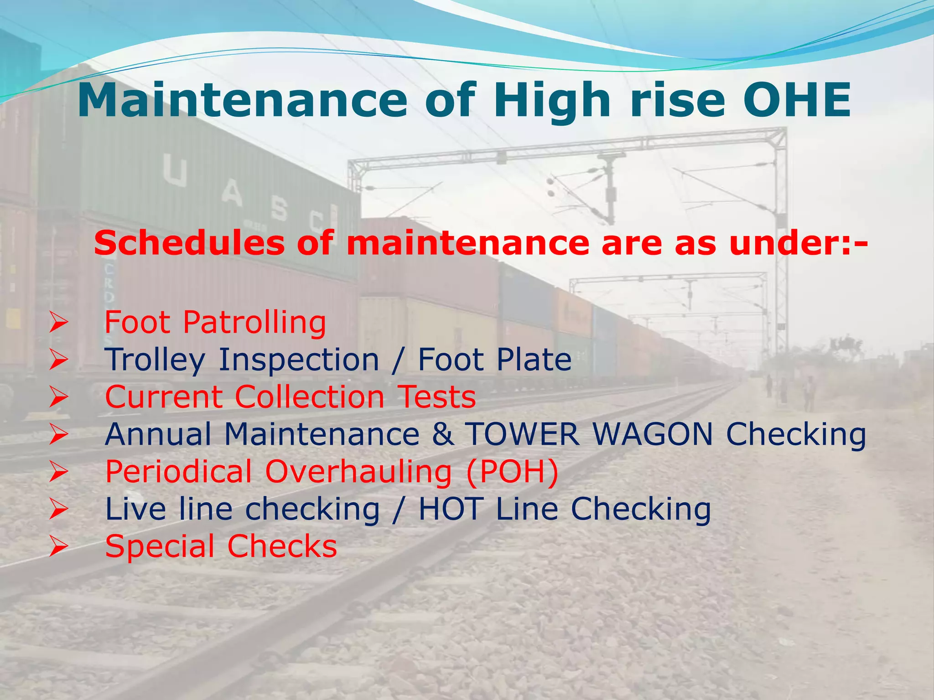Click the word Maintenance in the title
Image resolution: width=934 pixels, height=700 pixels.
[x=242, y=100]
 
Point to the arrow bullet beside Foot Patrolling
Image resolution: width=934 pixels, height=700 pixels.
[x=59, y=323]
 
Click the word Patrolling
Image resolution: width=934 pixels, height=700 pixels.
[x=254, y=323]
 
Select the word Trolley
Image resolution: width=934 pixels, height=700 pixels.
[x=155, y=360]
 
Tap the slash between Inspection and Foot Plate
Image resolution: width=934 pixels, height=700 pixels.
[x=398, y=360]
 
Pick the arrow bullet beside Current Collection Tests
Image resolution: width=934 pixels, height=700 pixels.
[x=59, y=397]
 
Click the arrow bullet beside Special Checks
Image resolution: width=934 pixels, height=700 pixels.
[x=59, y=546]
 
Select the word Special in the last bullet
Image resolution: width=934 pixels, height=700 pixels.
[x=160, y=546]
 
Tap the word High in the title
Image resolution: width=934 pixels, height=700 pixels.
[x=552, y=100]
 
